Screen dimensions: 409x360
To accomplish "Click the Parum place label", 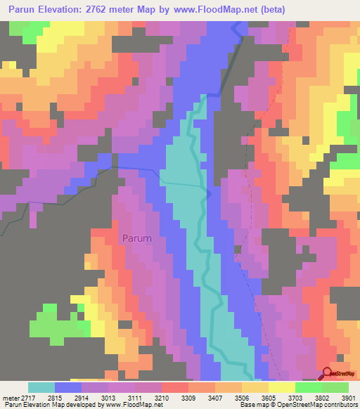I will click(x=136, y=238).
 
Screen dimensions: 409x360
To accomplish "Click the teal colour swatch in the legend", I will click(x=41, y=387).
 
